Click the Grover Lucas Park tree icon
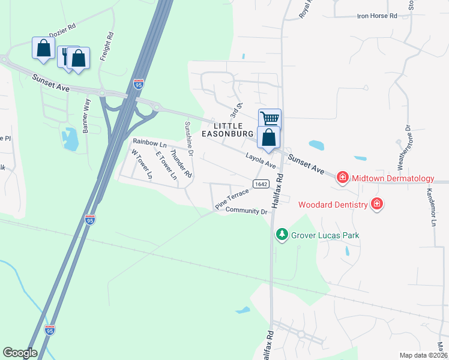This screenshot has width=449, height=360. (281, 235)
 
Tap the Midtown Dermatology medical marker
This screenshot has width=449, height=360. (342, 178)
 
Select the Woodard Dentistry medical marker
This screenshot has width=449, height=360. (377, 205)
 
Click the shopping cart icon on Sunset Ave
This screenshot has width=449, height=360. (270, 119)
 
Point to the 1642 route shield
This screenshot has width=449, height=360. (260, 184)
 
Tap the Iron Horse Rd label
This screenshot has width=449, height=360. (377, 16)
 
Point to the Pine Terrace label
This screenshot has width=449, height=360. (232, 199)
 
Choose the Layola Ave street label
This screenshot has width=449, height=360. (260, 160)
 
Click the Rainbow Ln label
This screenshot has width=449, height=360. (149, 143)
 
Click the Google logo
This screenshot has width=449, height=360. (20, 353)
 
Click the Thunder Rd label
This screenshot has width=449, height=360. (181, 163)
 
